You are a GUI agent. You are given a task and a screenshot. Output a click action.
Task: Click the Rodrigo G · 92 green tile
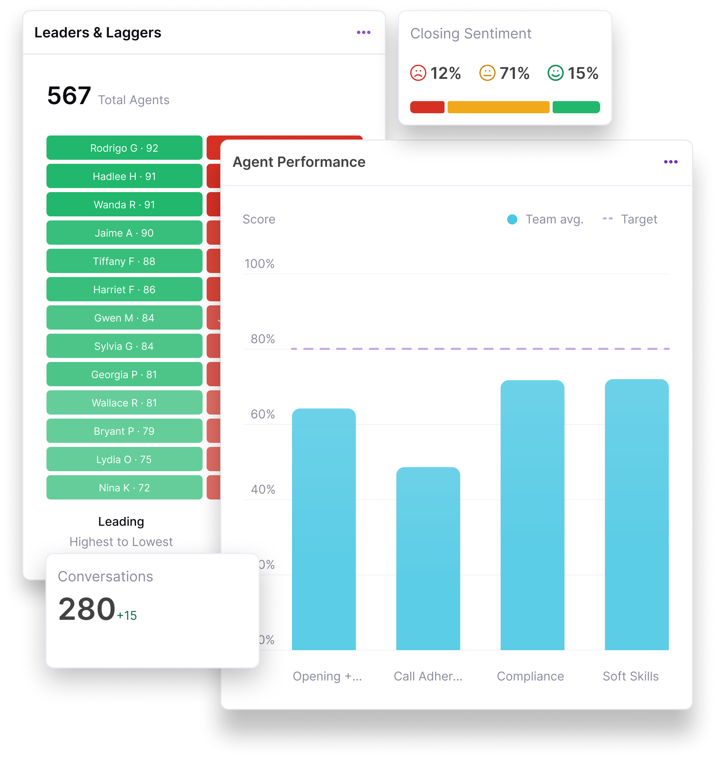(x=124, y=148)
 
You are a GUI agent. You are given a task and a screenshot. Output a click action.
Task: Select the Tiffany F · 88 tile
(x=124, y=261)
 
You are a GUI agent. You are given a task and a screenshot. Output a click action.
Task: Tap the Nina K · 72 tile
(x=124, y=487)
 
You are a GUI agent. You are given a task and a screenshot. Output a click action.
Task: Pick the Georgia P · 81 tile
(x=124, y=374)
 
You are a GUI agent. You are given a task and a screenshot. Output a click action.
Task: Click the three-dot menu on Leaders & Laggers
(x=363, y=33)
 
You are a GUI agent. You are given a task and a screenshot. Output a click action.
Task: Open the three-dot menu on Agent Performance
(x=671, y=162)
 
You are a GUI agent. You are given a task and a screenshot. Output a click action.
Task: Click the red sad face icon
(x=418, y=73)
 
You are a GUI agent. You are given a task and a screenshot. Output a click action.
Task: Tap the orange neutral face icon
(x=487, y=73)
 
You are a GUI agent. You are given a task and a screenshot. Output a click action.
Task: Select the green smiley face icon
(x=555, y=73)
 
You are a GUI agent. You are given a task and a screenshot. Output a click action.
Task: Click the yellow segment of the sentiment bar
(x=498, y=107)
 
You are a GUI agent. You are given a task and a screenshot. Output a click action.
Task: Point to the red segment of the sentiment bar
(x=427, y=107)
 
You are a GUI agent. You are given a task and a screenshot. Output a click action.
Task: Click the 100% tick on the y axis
(x=260, y=264)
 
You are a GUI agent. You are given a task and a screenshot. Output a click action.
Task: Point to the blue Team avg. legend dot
(x=512, y=219)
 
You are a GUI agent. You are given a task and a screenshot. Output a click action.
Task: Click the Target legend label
(x=639, y=219)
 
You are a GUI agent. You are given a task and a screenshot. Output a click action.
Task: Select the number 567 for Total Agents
(x=69, y=96)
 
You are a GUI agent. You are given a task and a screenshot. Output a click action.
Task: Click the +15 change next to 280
(x=127, y=615)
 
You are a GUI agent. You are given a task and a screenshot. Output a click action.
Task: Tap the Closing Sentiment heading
(x=470, y=34)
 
